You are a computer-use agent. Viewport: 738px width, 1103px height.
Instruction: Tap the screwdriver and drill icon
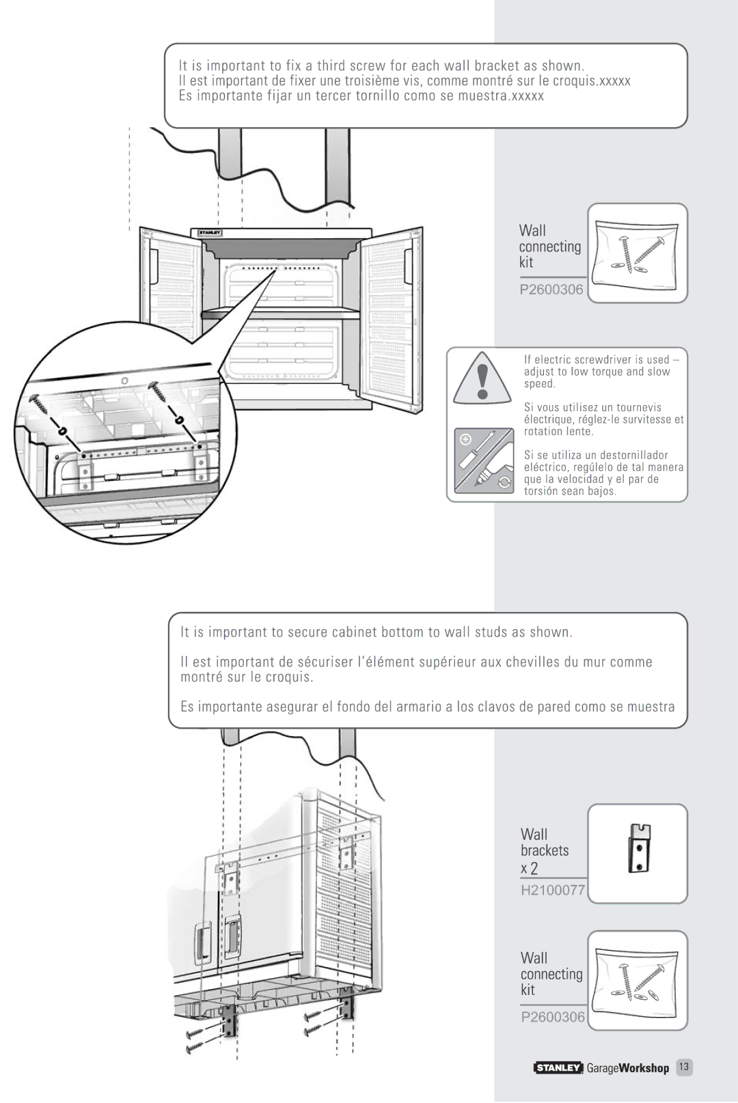483,460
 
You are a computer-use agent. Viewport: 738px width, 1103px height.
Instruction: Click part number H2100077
552,890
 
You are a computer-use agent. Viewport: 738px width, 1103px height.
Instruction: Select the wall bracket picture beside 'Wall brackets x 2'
640,848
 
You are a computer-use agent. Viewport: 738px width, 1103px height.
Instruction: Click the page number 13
684,1067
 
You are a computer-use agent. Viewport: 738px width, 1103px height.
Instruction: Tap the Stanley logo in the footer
558,1067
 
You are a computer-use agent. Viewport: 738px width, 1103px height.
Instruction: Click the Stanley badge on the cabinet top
210,232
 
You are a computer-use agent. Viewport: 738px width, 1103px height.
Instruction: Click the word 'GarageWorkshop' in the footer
628,1068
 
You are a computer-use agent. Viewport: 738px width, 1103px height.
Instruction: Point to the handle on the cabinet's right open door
408,266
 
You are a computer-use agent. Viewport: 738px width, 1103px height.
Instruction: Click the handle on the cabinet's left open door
154,266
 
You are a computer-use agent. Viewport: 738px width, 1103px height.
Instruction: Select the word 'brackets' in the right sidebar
545,850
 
